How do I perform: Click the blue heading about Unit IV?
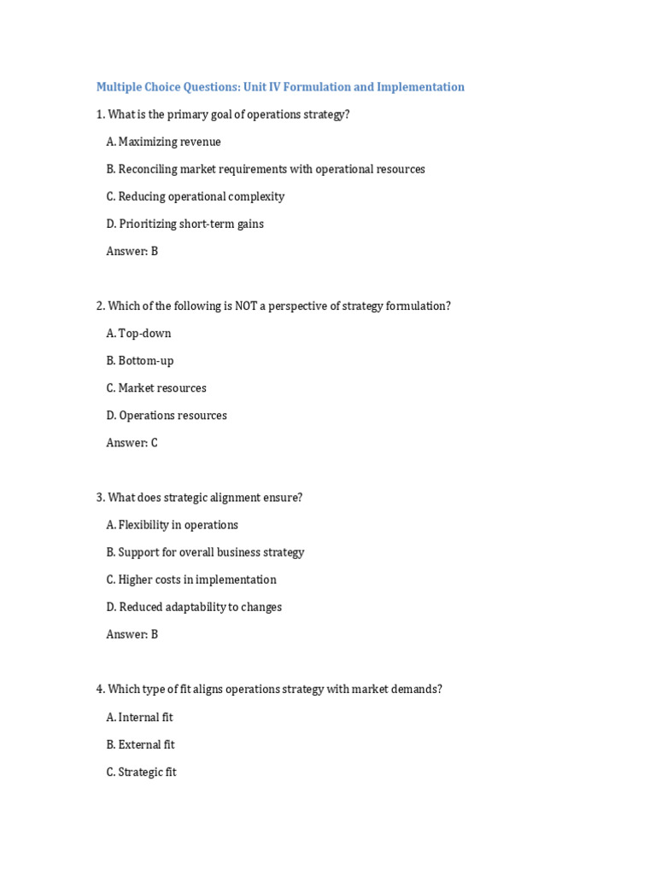pyautogui.click(x=280, y=87)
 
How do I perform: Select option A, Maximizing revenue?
pyautogui.click(x=163, y=142)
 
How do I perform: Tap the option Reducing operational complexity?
pyautogui.click(x=195, y=196)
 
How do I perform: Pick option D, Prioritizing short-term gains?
pyautogui.click(x=184, y=224)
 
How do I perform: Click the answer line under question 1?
pyautogui.click(x=132, y=251)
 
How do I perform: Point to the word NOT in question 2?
pyautogui.click(x=247, y=306)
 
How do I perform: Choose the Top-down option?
pyautogui.click(x=138, y=333)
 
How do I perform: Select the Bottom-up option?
pyautogui.click(x=139, y=360)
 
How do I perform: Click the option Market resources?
pyautogui.click(x=156, y=387)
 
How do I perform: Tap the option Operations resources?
pyautogui.click(x=167, y=415)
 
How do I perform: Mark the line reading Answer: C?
pyautogui.click(x=132, y=442)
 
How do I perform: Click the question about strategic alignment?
pyautogui.click(x=199, y=497)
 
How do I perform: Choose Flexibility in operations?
pyautogui.click(x=172, y=525)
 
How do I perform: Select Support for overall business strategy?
pyautogui.click(x=205, y=552)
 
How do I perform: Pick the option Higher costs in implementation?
pyautogui.click(x=191, y=580)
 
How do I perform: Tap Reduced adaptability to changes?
pyautogui.click(x=194, y=607)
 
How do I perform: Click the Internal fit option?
pyautogui.click(x=139, y=717)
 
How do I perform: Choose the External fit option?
pyautogui.click(x=140, y=744)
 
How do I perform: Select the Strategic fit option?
pyautogui.click(x=141, y=772)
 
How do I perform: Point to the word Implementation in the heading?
pyautogui.click(x=420, y=87)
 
